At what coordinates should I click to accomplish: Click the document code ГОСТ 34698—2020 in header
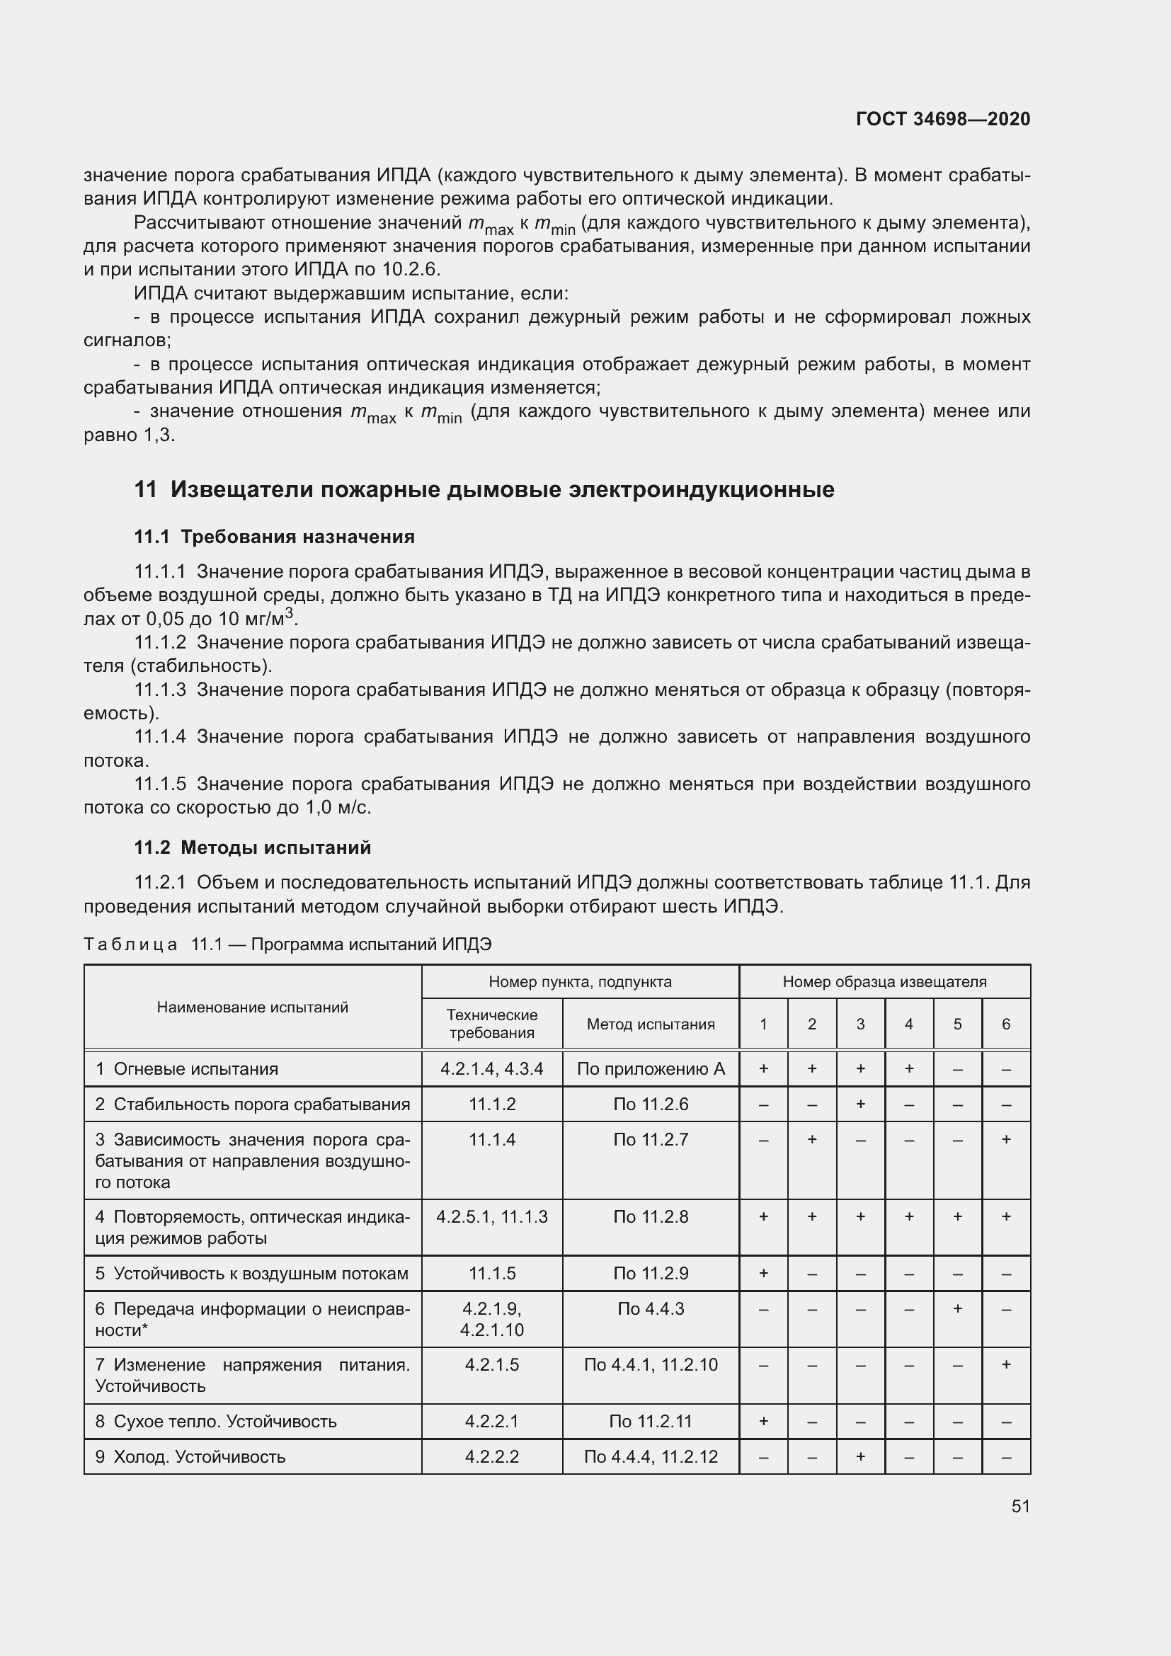tap(942, 119)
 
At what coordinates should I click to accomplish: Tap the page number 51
tap(1020, 1506)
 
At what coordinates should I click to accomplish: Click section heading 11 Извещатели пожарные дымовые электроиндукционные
tap(484, 490)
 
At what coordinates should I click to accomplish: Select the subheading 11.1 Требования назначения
tap(274, 537)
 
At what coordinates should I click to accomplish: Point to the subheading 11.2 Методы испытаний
tap(252, 847)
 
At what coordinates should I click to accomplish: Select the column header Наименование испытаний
tap(252, 1007)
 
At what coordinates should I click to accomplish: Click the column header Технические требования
tap(492, 1024)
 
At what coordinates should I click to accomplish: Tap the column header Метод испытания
tap(651, 1024)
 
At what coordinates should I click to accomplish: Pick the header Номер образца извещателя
tap(884, 981)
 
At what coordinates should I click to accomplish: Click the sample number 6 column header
tap(1006, 1024)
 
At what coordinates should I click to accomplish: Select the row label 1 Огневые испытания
tap(187, 1069)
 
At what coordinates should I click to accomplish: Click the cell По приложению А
tap(651, 1069)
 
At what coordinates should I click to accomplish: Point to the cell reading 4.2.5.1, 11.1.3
tap(492, 1217)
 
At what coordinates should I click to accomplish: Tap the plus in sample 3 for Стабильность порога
tap(860, 1104)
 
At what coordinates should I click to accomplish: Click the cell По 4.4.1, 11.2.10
tap(651, 1364)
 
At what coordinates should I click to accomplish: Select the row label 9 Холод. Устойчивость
tap(190, 1456)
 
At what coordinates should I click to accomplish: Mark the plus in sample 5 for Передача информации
tap(958, 1308)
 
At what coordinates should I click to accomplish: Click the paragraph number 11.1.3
tap(160, 690)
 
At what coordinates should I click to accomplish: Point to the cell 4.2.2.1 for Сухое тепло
tap(492, 1421)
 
